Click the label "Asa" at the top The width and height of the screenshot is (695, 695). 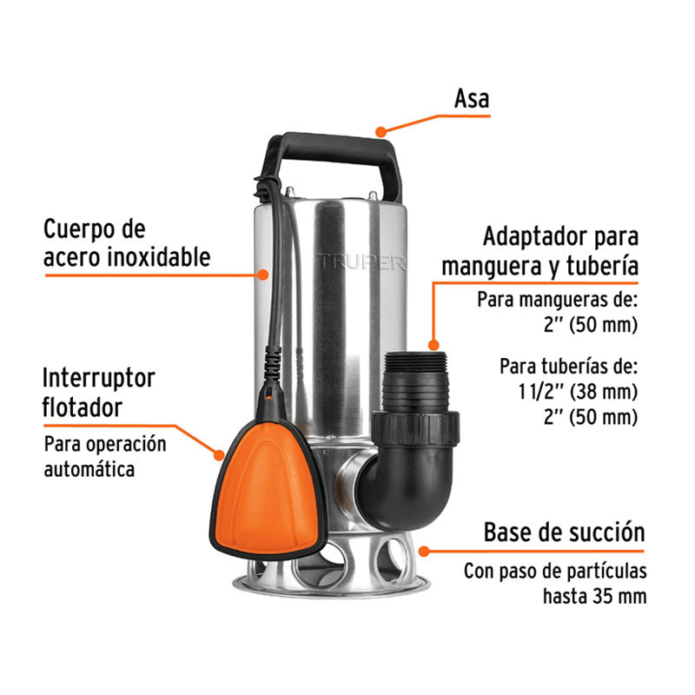[472, 99]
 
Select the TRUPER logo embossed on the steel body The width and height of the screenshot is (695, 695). [361, 261]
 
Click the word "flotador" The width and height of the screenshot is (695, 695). [83, 407]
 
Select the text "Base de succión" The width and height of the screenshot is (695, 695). [564, 532]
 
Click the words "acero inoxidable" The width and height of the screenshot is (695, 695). [127, 257]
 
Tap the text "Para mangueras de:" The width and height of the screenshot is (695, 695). [557, 301]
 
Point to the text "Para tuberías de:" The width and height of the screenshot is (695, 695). [569, 364]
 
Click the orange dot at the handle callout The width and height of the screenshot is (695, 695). [380, 132]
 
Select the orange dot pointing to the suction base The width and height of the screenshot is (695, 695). [423, 550]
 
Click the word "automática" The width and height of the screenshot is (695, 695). [90, 470]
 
